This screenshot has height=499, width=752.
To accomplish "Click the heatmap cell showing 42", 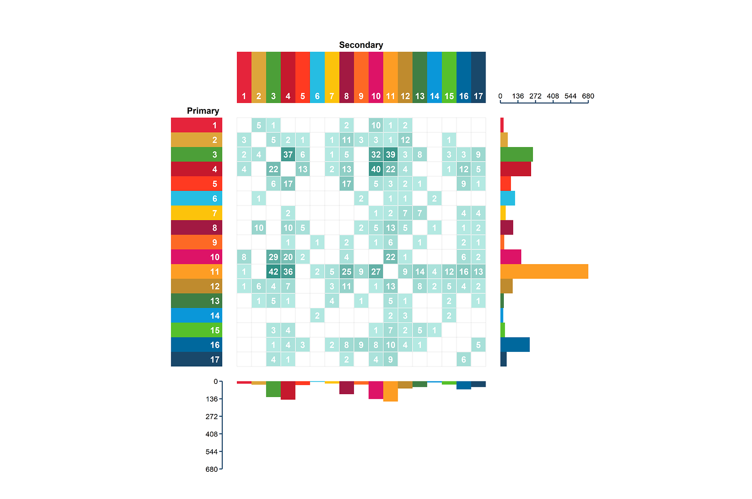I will pyautogui.click(x=273, y=272).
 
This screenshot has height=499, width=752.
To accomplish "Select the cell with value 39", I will pyautogui.click(x=390, y=155).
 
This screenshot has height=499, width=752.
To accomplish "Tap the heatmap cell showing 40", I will pyautogui.click(x=376, y=169).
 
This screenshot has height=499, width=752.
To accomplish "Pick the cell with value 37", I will pyautogui.click(x=288, y=155).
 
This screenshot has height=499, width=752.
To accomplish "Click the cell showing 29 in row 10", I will pyautogui.click(x=273, y=257).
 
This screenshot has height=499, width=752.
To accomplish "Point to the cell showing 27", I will pyautogui.click(x=376, y=272).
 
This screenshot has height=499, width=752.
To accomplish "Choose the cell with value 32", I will pyautogui.click(x=376, y=155).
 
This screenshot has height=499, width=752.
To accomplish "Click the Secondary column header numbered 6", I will pyautogui.click(x=317, y=78).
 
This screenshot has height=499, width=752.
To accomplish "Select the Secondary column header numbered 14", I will pyautogui.click(x=434, y=78).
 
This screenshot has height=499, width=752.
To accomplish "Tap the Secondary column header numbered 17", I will pyautogui.click(x=478, y=78).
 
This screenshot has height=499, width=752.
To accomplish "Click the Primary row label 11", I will pyautogui.click(x=196, y=272).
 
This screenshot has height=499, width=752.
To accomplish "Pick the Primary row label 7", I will pyautogui.click(x=196, y=213).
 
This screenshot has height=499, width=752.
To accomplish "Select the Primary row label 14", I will pyautogui.click(x=196, y=316).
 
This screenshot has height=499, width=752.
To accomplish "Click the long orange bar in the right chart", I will pyautogui.click(x=544, y=272).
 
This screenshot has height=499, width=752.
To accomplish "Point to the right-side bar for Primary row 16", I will pyautogui.click(x=515, y=345).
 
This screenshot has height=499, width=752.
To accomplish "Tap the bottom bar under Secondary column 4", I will pyautogui.click(x=288, y=390).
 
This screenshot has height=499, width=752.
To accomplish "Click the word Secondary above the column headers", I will pyautogui.click(x=361, y=45).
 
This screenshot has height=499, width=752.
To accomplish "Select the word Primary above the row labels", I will pyautogui.click(x=203, y=111).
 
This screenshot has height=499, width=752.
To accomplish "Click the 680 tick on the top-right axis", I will pyautogui.click(x=588, y=96).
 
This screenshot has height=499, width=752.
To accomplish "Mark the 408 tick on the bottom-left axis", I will pyautogui.click(x=212, y=434).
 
